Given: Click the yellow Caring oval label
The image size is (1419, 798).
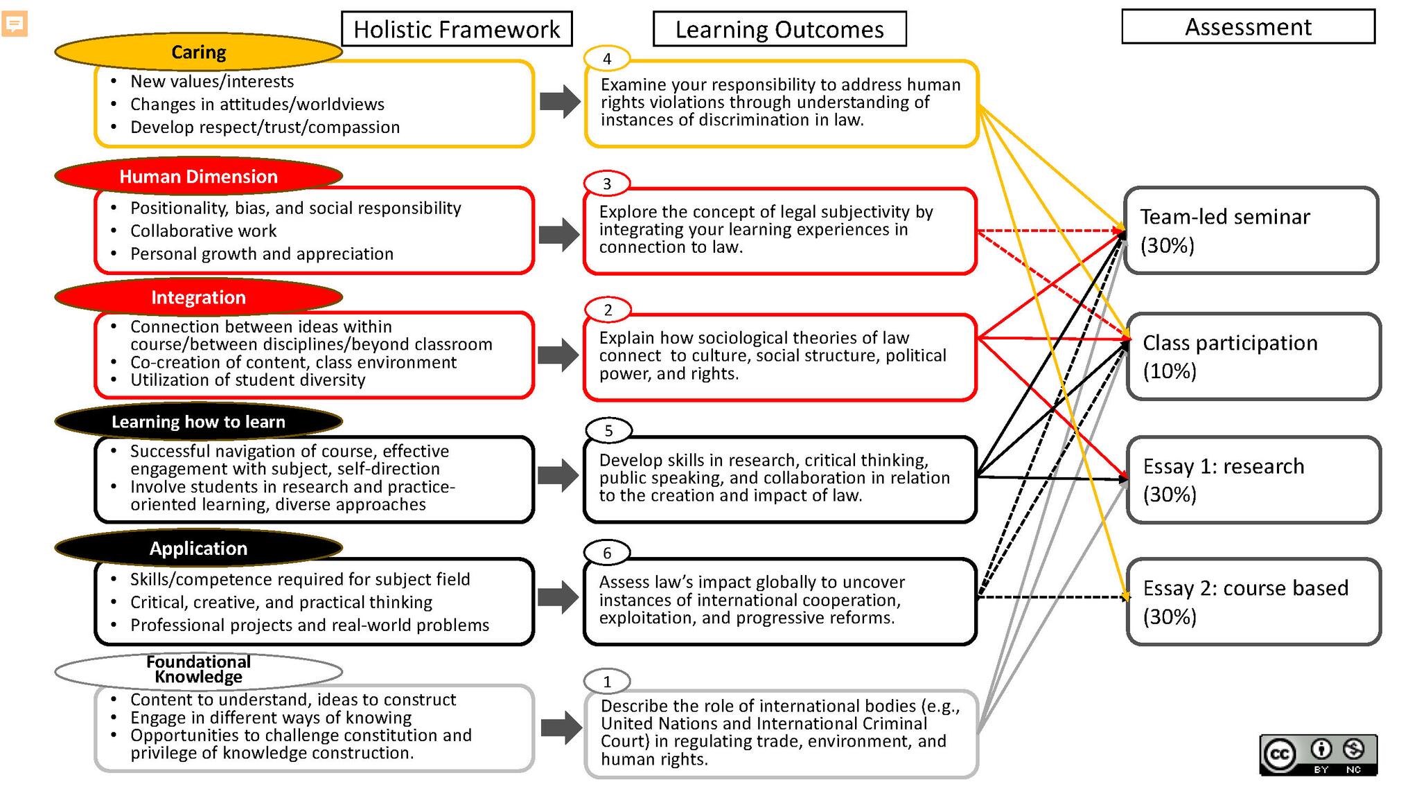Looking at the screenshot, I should point(198,52).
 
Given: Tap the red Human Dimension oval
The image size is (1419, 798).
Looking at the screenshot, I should point(198,176).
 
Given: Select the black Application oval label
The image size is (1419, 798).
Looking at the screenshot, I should point(198,548).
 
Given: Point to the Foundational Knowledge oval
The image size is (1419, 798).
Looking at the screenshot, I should point(198,670).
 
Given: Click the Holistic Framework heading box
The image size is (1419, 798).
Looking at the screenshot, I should point(457,29).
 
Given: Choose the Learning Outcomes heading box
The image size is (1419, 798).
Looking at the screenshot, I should point(779,29).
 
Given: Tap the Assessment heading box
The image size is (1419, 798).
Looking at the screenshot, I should point(1248,27).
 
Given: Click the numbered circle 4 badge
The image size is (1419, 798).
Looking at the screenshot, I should point(607,59).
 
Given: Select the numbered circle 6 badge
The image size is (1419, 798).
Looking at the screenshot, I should point(607,553).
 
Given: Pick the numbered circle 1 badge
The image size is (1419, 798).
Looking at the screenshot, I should point(607,682).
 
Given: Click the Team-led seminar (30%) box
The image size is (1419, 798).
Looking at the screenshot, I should point(1251,231).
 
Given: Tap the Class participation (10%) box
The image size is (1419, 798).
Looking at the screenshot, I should point(1253,357).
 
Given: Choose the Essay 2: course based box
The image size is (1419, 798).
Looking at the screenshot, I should point(1253,602).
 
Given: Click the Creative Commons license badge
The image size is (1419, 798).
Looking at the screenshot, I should point(1318,754).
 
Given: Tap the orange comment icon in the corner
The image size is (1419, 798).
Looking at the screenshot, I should point(15,24).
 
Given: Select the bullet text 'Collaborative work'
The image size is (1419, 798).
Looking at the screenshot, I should point(203,231).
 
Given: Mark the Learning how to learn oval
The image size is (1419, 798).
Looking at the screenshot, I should point(198,421).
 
